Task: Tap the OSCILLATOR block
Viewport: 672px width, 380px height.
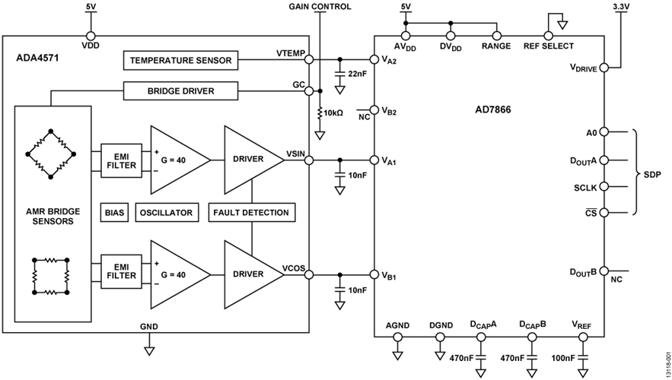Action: (x=165, y=213)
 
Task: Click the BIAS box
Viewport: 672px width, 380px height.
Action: (x=113, y=213)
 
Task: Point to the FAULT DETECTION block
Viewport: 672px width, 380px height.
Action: (x=251, y=213)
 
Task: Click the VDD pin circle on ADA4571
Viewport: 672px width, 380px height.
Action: (x=91, y=36)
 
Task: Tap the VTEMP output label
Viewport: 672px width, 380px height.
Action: (x=291, y=52)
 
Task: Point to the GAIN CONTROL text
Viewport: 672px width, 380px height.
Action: (x=320, y=7)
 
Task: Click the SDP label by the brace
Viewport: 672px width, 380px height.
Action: (x=652, y=173)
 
